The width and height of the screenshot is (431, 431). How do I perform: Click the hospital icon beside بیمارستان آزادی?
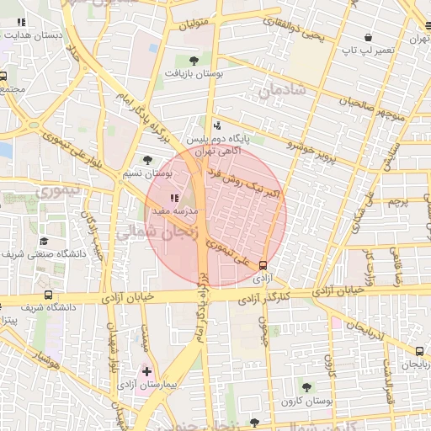(148, 371)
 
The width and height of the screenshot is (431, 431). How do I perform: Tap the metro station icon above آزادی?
(263, 264)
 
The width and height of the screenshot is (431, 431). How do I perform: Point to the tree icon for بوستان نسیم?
(148, 159)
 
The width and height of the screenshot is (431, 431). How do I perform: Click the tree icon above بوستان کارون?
(306, 387)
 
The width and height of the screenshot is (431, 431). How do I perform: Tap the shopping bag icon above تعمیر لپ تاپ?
(368, 38)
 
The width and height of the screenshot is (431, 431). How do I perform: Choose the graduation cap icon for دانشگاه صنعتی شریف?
(43, 241)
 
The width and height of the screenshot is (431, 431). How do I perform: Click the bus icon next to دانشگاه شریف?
(48, 295)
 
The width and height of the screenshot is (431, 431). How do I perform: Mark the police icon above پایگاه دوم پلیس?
(218, 125)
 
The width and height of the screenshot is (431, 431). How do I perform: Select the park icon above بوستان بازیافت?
(194, 60)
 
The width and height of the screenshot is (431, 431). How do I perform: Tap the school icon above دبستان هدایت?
(22, 22)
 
